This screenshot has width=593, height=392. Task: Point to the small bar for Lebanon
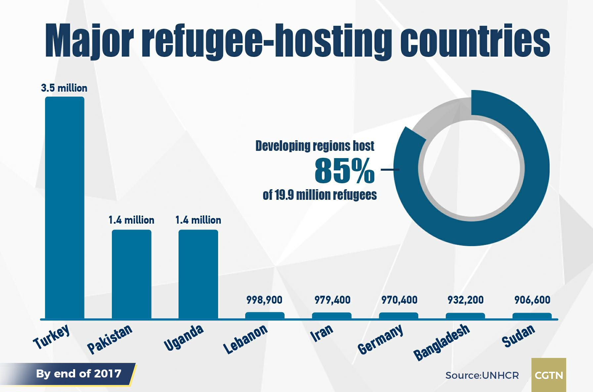tap(265, 315)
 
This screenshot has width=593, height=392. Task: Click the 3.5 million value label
tap(64, 88)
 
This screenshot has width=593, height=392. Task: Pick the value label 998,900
tap(264, 300)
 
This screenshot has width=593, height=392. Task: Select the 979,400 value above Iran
tap(332, 300)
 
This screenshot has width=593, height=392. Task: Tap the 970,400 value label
tap(399, 300)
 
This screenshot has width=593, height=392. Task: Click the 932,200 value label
tap(466, 300)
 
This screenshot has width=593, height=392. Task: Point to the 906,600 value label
tap(532, 300)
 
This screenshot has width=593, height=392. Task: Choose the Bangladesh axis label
tap(442, 342)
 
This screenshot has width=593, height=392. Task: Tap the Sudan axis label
tap(518, 335)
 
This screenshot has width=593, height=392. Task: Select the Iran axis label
tap(322, 332)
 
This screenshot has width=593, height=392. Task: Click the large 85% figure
tap(344, 171)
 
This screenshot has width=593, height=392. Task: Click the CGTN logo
tap(549, 375)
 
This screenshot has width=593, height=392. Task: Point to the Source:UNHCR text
tap(482, 375)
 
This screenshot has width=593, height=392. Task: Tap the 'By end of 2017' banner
tap(78, 374)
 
